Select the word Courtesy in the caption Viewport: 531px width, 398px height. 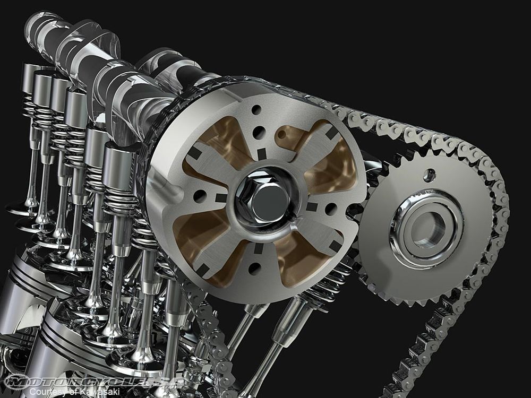(x=47, y=391)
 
